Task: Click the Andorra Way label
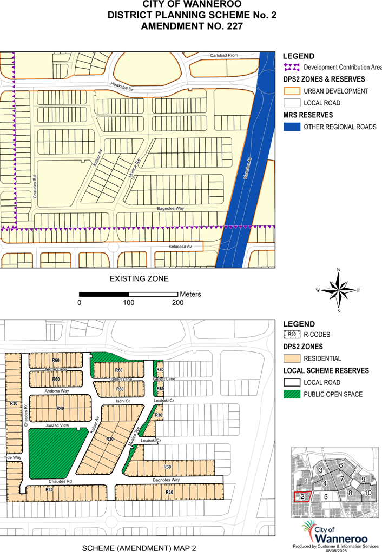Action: tap(57, 390)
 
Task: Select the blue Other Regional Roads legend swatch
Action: tap(292, 127)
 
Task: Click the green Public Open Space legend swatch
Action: tap(292, 394)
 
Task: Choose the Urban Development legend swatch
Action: tap(292, 91)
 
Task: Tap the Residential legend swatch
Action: tap(292, 358)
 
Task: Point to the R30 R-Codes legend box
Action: tap(292, 335)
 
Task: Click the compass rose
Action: tap(338, 290)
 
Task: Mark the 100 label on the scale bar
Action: tap(128, 303)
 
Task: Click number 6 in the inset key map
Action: tap(341, 465)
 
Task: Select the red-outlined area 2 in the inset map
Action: tap(302, 496)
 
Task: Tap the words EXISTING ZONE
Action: tap(139, 279)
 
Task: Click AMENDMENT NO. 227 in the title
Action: tap(192, 25)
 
